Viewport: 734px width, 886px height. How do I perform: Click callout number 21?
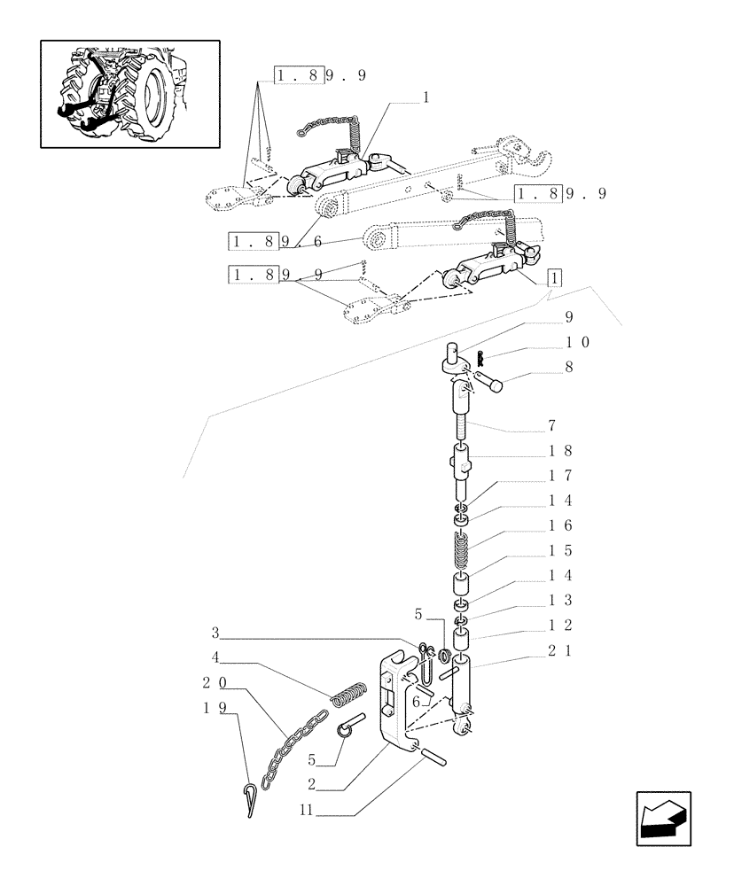pos(559,650)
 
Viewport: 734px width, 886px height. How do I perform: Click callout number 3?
pos(215,633)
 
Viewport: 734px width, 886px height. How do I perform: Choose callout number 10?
pos(576,341)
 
